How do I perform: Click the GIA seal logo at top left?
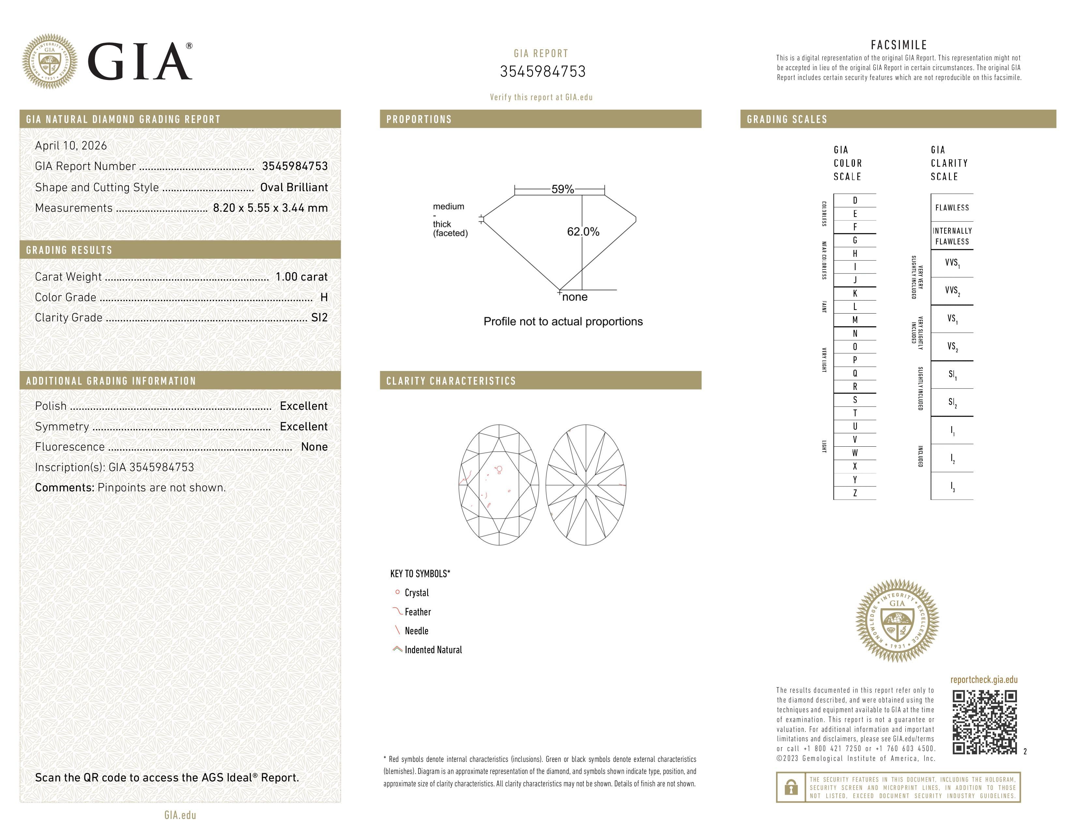click(49, 62)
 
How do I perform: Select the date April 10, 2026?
click(71, 146)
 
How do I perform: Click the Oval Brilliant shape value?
click(294, 187)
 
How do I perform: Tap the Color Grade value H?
click(324, 297)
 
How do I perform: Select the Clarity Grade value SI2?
click(319, 317)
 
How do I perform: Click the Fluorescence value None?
click(314, 447)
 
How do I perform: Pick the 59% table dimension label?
click(563, 189)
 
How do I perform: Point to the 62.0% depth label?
click(583, 232)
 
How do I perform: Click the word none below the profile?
click(575, 297)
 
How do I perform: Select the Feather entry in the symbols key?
click(418, 612)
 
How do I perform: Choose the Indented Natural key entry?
click(433, 650)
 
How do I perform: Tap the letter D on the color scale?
click(855, 200)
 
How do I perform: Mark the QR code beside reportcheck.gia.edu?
click(984, 722)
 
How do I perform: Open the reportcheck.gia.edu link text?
click(984, 680)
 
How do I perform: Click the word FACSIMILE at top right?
click(899, 45)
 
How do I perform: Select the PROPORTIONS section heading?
click(419, 119)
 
